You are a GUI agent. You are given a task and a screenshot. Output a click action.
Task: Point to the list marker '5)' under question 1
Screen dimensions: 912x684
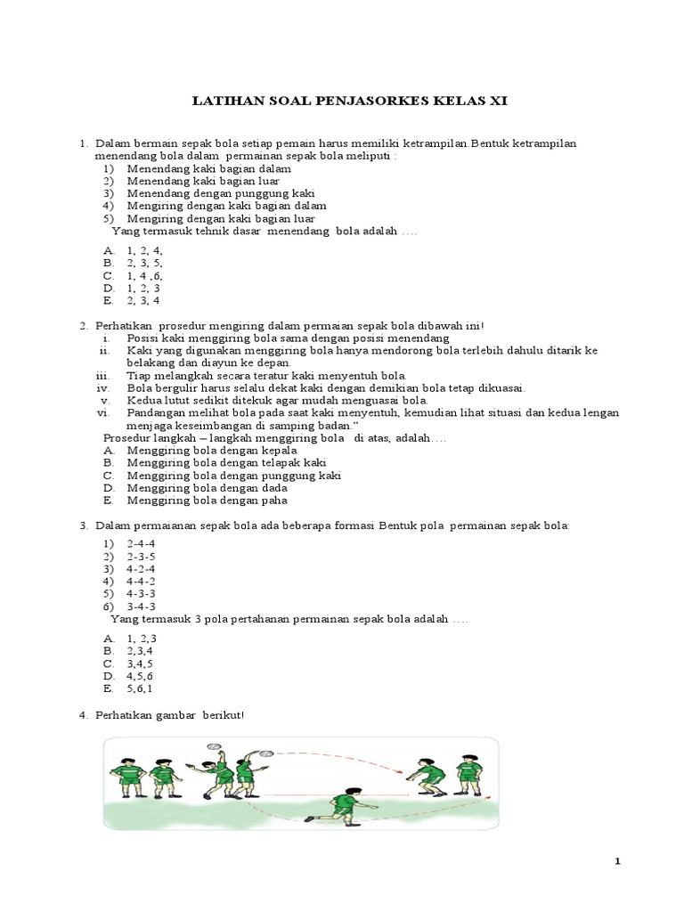(109, 218)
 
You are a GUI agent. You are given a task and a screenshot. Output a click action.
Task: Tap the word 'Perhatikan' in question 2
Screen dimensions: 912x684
(124, 326)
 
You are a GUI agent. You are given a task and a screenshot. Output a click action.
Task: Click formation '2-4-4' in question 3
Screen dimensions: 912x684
(142, 543)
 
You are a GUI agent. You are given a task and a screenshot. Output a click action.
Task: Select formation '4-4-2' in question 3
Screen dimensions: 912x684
(142, 581)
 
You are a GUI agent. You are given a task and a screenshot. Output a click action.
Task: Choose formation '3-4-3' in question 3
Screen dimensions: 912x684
(142, 606)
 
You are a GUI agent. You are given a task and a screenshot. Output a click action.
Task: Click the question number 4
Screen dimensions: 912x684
(83, 715)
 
